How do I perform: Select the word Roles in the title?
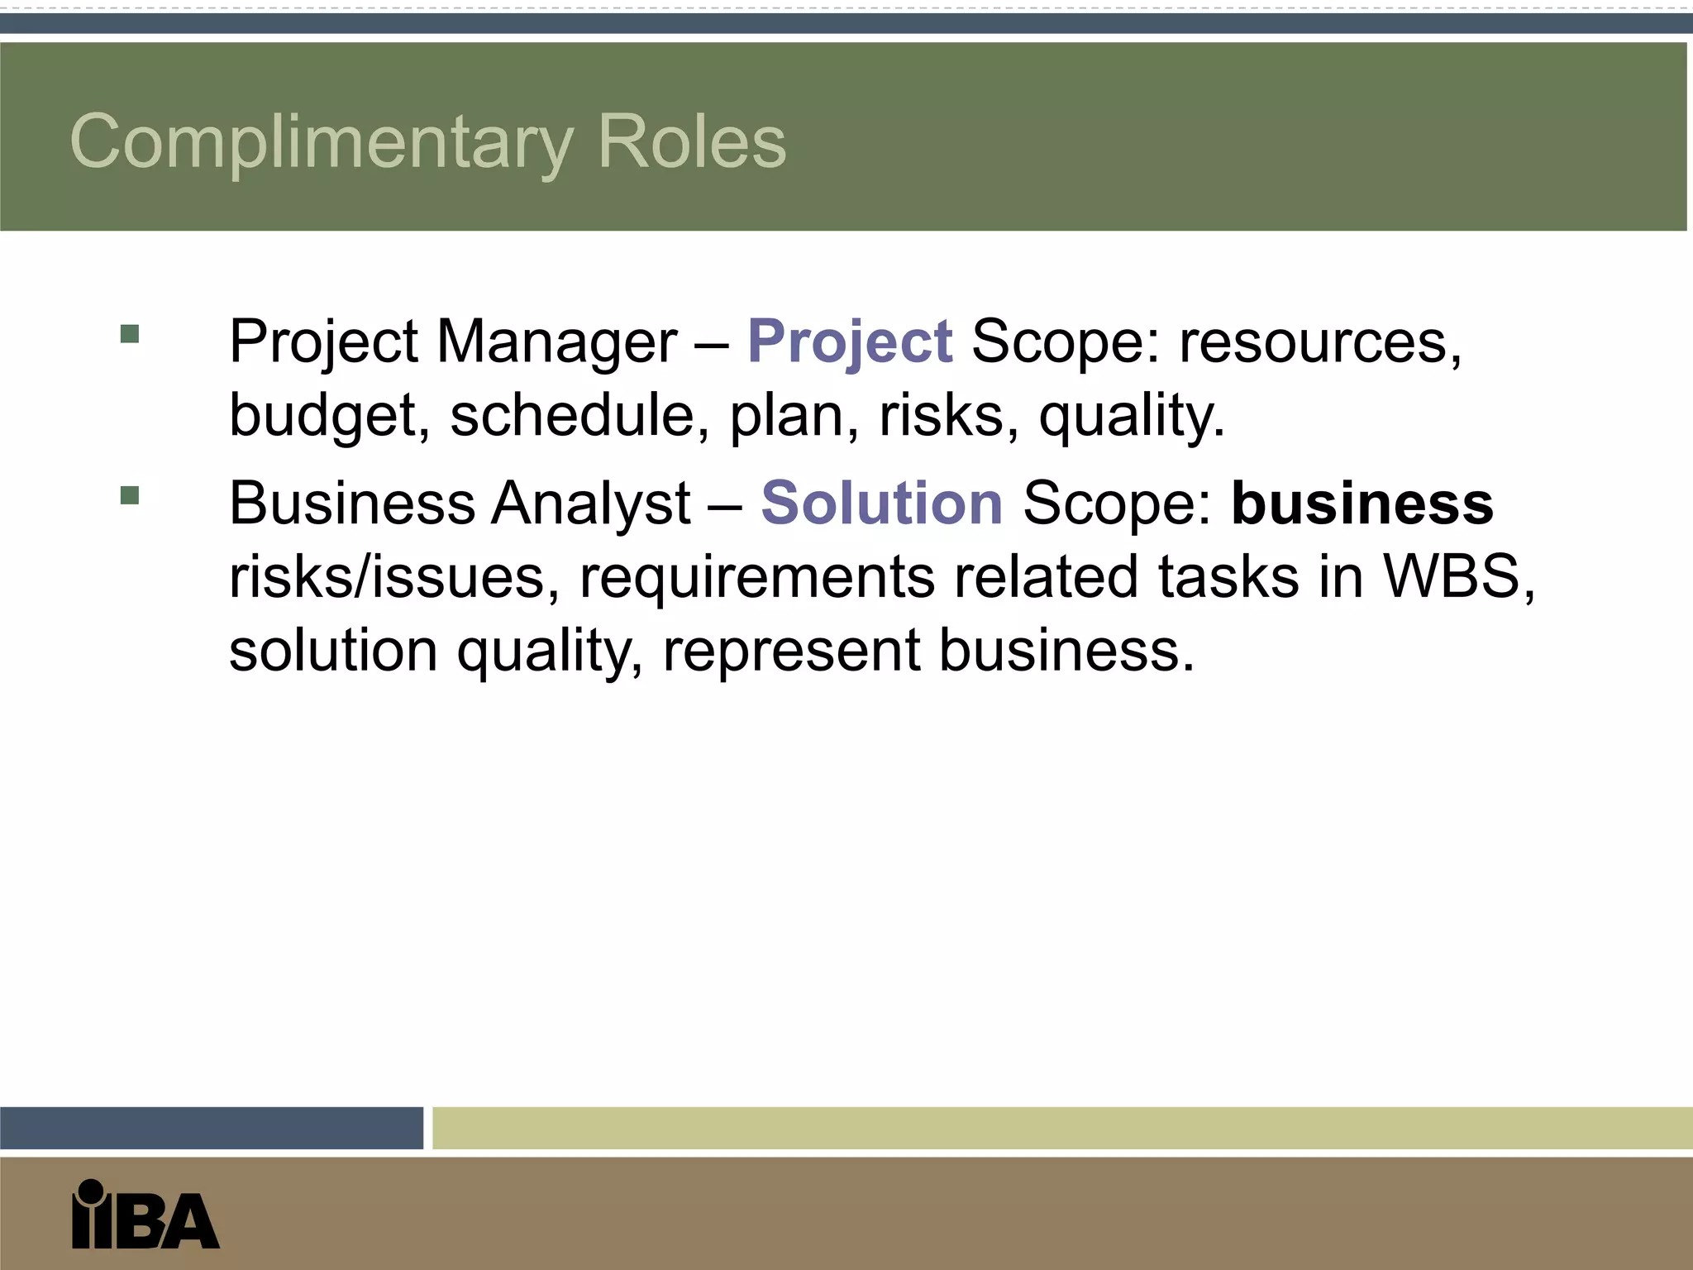point(691,142)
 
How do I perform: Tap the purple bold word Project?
point(850,341)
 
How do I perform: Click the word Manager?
point(556,341)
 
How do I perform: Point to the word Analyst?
point(590,504)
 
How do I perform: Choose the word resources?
point(1319,342)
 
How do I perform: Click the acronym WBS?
point(1458,575)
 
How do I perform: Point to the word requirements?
point(757,577)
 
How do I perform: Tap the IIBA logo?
point(145,1215)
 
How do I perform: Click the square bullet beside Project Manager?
point(130,334)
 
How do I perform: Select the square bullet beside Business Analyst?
point(130,495)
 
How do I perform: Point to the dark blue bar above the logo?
point(211,1128)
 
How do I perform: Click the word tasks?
point(1228,575)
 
